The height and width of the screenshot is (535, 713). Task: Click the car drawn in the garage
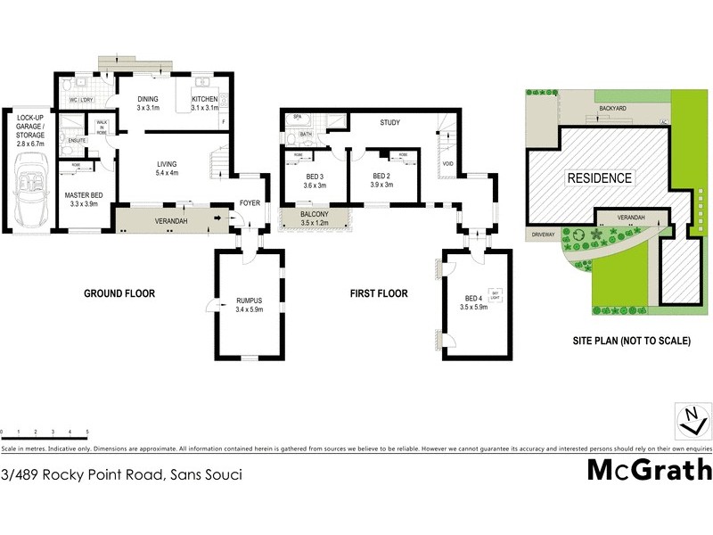point(34,183)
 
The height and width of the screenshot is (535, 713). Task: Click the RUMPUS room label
point(250,301)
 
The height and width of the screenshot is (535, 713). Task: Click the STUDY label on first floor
point(390,123)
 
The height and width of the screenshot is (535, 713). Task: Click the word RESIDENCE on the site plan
point(600,178)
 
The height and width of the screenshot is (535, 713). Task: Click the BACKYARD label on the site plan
point(611,108)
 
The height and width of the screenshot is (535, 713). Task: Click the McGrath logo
point(649,470)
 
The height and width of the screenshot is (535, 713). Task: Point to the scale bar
point(45,432)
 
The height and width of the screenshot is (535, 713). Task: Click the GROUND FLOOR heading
point(119,293)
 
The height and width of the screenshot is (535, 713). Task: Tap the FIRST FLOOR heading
point(377,293)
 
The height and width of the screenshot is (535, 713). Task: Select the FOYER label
point(250,203)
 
